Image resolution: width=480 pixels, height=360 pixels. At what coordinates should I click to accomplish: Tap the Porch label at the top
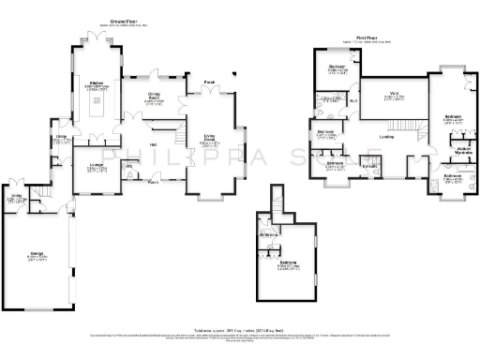(x=210, y=82)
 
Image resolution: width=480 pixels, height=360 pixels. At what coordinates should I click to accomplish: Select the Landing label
(x=386, y=137)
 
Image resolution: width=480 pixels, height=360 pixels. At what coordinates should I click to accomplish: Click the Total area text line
(x=240, y=330)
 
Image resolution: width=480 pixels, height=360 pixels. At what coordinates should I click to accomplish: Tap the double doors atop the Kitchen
(x=95, y=41)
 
